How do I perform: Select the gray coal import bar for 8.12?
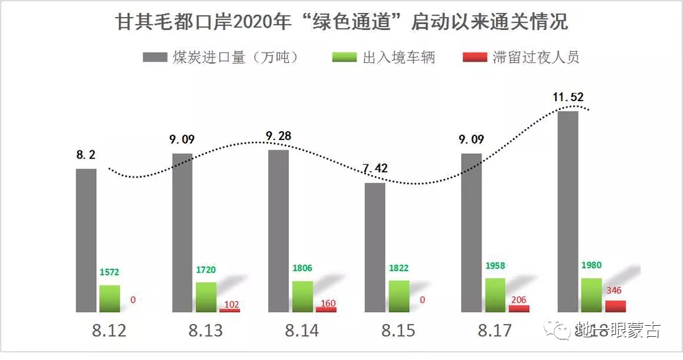pos(86,240)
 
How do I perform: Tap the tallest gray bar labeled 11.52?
pos(568,211)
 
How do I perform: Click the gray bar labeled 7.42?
pos(375,247)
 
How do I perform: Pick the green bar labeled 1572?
pos(109,299)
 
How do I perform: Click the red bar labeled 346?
pos(615,306)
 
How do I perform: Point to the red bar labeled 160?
pos(326,309)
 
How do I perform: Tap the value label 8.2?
pos(86,156)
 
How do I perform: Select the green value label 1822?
pos(400,268)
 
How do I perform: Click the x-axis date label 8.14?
pos(302,331)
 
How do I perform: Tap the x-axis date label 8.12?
pos(109,331)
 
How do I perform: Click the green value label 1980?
pos(591,265)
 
